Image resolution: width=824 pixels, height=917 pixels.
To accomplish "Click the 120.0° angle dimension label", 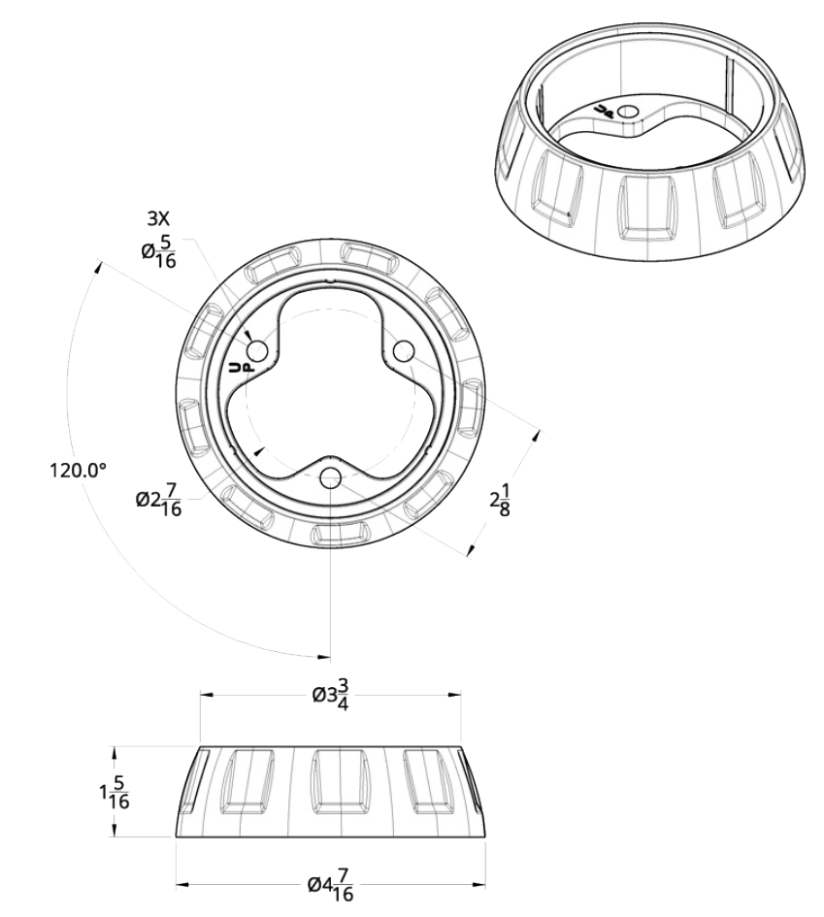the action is (78, 470).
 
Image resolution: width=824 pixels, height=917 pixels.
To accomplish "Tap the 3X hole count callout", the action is (157, 219).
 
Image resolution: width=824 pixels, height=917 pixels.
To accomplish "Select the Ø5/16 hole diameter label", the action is (158, 252).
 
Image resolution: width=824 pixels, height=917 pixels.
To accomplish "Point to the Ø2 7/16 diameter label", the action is (158, 500).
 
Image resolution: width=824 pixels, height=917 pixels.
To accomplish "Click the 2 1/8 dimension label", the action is (500, 500).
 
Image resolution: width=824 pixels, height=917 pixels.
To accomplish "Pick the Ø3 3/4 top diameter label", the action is (331, 694).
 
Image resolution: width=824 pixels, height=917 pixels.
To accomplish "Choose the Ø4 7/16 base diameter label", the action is (331, 884).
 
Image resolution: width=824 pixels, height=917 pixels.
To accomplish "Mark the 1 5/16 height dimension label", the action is (114, 793).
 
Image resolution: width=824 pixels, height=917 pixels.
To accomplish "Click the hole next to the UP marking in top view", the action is (257, 351).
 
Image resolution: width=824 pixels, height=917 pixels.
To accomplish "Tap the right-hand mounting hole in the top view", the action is (404, 351).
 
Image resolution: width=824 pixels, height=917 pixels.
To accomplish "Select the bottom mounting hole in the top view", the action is (330, 477).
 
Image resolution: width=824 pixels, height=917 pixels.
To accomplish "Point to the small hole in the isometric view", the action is (629, 112).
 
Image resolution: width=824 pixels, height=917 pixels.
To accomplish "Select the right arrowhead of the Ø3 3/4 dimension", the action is (456, 695).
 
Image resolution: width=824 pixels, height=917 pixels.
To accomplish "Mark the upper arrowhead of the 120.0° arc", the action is (98, 267).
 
